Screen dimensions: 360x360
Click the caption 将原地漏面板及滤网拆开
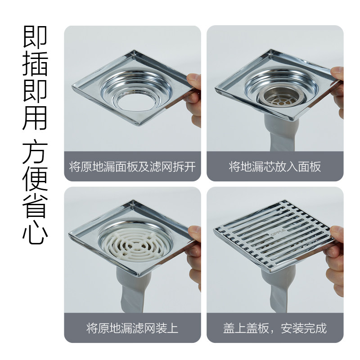[x=132, y=166]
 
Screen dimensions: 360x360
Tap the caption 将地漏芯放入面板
[x=275, y=166]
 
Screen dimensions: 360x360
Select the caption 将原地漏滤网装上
[x=132, y=328]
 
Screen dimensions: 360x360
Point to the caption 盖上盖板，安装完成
[x=275, y=328]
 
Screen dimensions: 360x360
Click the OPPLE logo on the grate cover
[x=278, y=232]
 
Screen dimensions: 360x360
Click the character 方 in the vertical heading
[x=35, y=152]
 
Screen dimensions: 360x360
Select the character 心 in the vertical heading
[x=35, y=232]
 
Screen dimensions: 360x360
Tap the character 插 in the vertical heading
[x=35, y=64]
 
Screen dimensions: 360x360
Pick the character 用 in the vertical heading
[x=35, y=117]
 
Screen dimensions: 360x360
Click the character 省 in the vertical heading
[x=35, y=206]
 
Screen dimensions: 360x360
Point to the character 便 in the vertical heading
[x=35, y=179]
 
